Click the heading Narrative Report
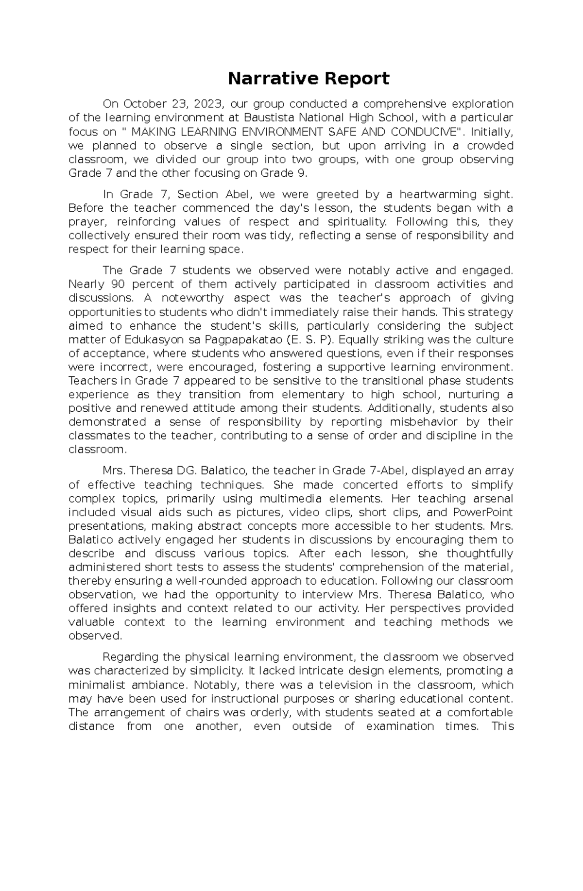[309, 78]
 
